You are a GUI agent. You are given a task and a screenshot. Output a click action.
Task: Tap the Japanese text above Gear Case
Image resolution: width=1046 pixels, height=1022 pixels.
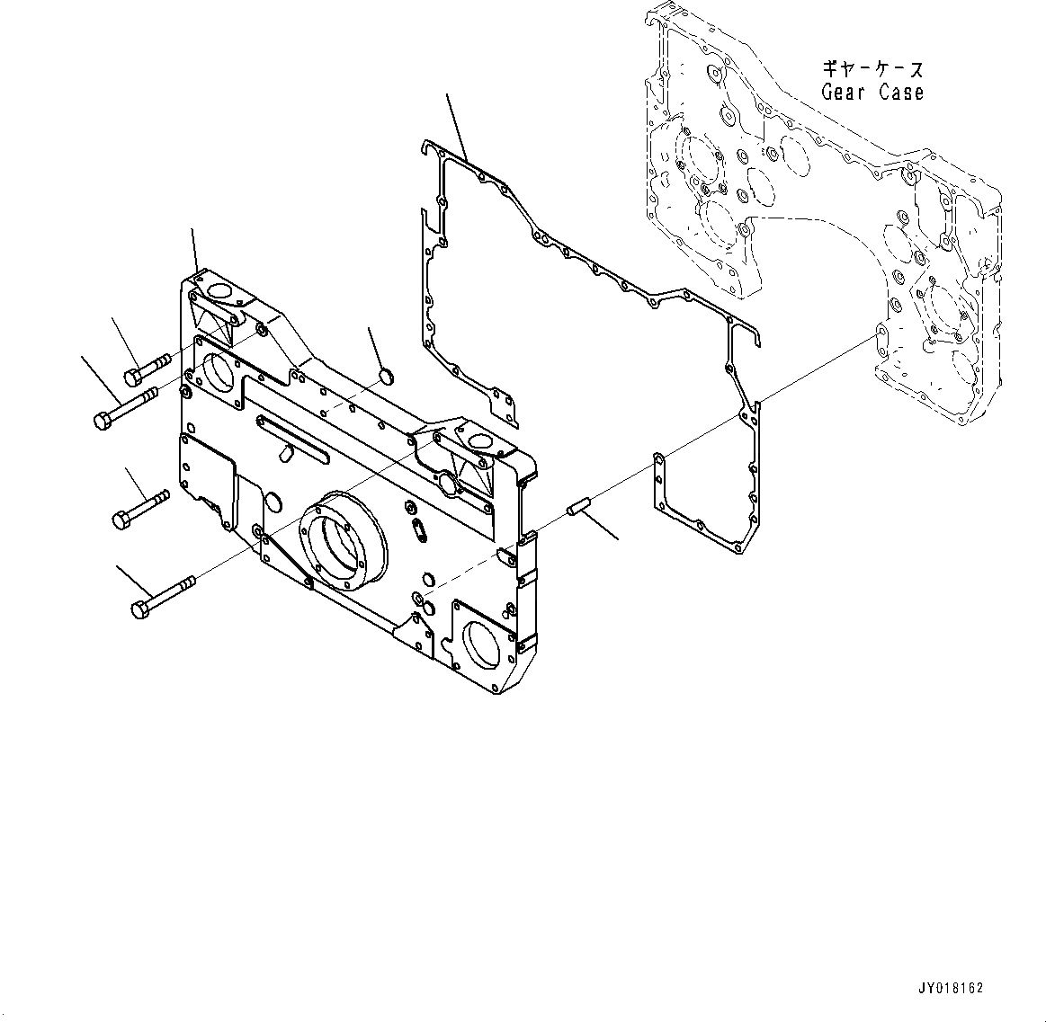[872, 69]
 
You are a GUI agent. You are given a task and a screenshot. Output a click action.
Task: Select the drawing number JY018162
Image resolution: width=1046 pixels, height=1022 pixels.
[952, 987]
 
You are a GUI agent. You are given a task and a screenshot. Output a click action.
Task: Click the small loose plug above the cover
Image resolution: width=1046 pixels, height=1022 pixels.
[384, 374]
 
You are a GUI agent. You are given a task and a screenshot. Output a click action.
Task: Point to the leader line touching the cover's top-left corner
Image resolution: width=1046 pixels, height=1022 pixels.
[193, 252]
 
